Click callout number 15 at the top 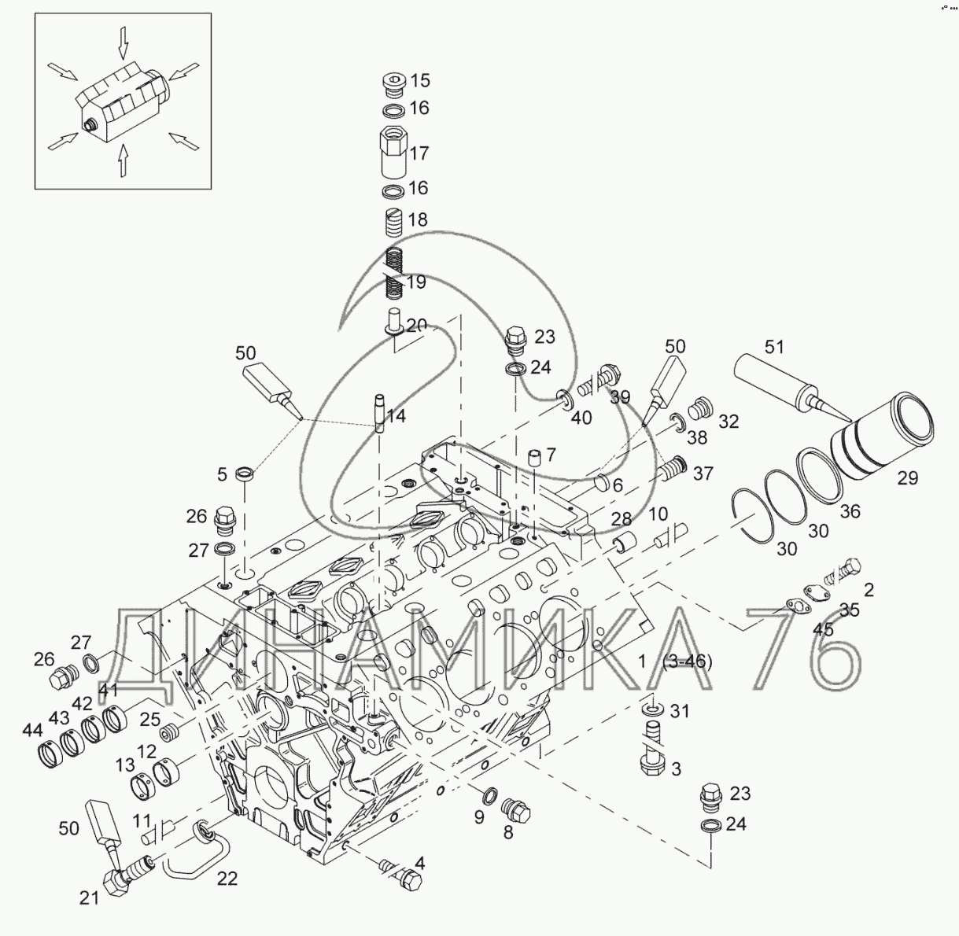tap(420, 80)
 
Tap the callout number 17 tap(419, 153)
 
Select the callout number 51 tap(774, 347)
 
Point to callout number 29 tap(907, 478)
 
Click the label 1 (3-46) tap(675, 662)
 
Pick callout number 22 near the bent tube tap(227, 879)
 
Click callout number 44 tap(32, 731)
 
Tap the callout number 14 tap(396, 416)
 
